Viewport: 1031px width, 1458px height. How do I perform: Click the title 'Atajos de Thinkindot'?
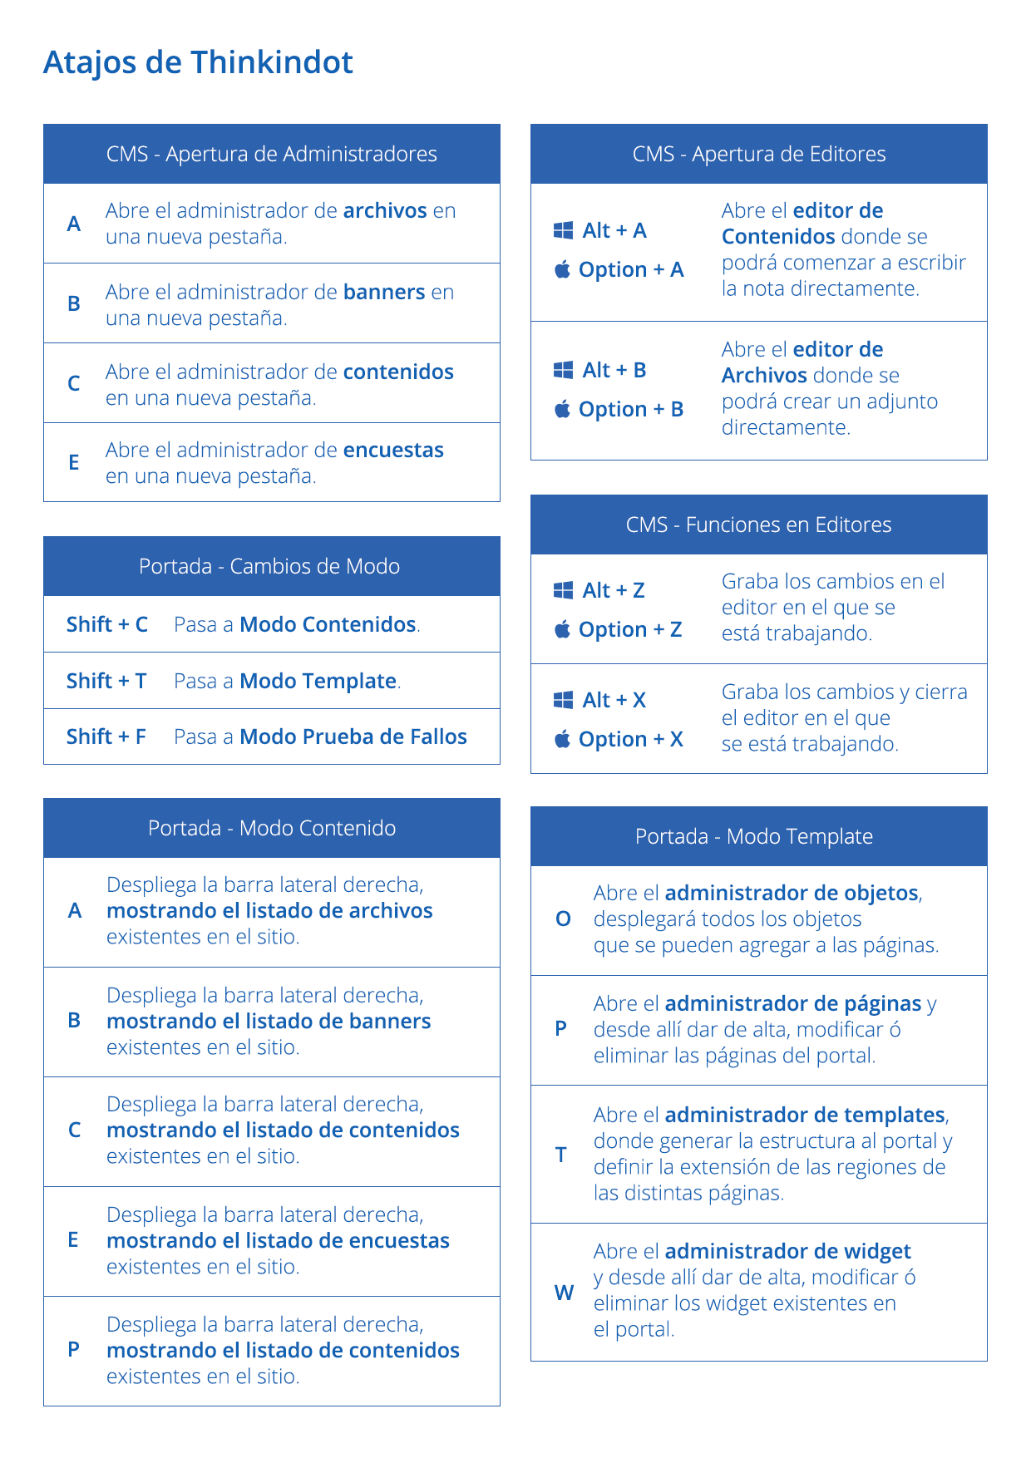coord(198,62)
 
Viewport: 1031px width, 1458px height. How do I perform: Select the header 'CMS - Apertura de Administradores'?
coord(271,154)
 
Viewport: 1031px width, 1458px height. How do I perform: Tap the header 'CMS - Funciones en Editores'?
coord(758,525)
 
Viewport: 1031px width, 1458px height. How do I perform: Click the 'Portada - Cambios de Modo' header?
coord(269,566)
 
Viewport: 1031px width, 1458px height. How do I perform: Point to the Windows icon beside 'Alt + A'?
coord(563,230)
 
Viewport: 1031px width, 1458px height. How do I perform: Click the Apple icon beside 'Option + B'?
coord(563,409)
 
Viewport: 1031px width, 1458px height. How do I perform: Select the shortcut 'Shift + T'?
coord(106,681)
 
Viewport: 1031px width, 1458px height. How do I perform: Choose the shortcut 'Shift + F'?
coord(106,736)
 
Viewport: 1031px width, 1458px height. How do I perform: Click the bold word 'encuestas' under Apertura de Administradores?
coord(393,450)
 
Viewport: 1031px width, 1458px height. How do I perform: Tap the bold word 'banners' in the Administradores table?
coord(384,292)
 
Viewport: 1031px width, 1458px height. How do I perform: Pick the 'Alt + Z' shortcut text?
coord(614,590)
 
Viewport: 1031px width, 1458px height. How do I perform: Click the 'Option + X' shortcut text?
coord(631,739)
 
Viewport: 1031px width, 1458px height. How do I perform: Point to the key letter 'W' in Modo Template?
coord(564,1293)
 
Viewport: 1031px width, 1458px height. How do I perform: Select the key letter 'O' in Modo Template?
coord(563,919)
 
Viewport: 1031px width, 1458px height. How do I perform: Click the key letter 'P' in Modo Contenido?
coord(74,1349)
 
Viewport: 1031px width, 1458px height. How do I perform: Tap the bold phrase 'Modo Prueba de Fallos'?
coord(353,736)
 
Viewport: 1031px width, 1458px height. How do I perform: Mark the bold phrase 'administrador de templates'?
coord(805,1115)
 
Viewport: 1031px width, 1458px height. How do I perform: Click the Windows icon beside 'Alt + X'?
coord(563,700)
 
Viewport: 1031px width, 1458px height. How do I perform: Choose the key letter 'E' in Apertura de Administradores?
coord(74,462)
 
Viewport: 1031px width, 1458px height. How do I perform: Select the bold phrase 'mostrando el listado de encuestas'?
coord(278,1240)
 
